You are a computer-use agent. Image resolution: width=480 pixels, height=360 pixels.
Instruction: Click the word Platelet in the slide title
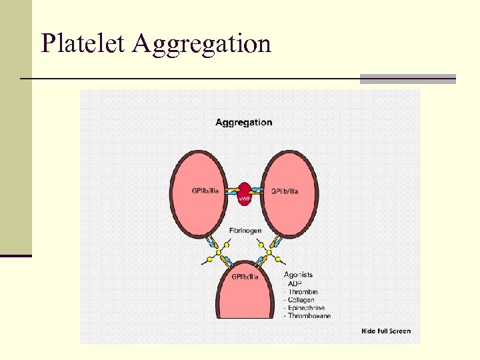tap(84, 43)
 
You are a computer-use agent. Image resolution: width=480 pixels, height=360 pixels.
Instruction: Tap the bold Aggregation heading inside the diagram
tap(243, 123)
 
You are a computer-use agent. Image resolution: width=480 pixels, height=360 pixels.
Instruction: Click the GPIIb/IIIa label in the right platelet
tap(285, 191)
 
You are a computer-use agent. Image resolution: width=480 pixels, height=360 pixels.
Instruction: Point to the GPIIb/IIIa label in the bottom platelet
tap(245, 277)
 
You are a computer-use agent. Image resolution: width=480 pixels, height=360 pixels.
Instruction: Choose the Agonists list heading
tap(298, 274)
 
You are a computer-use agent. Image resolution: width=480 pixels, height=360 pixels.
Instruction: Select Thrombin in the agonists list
tap(303, 291)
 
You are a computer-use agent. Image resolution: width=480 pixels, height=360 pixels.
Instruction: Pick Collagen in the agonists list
tap(302, 299)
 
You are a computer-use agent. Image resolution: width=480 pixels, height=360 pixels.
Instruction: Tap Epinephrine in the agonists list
tap(307, 307)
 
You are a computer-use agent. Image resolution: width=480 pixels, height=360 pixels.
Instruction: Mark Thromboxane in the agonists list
tap(309, 315)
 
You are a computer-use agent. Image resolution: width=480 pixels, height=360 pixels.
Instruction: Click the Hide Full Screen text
tap(386, 331)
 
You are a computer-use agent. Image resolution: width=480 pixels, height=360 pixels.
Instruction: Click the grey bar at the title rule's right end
tap(407, 79)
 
